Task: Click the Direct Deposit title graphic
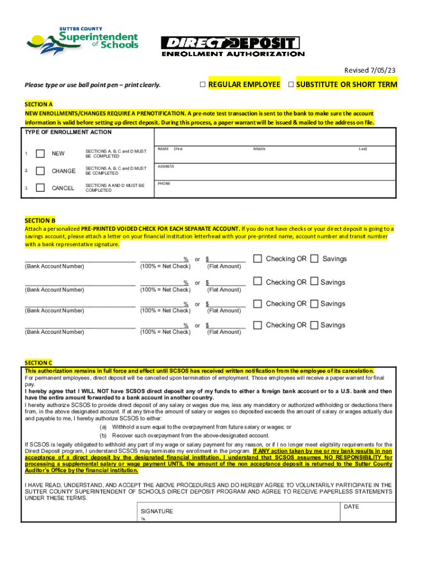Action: click(x=232, y=46)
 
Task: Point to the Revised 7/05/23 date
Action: click(x=370, y=70)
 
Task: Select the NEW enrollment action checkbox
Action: click(x=40, y=154)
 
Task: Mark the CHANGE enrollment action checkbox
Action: click(x=40, y=171)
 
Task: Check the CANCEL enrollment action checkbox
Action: click(x=40, y=188)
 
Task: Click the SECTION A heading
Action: click(x=39, y=104)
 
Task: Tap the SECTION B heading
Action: click(x=39, y=220)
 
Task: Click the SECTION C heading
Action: click(x=39, y=362)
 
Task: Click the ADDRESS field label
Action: click(x=166, y=166)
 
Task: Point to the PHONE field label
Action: click(x=164, y=183)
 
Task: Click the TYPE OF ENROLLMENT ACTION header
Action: click(x=69, y=132)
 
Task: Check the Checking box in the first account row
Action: click(x=257, y=259)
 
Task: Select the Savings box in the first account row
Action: click(x=314, y=259)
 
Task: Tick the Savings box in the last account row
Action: click(x=314, y=325)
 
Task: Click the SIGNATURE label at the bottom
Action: click(x=157, y=511)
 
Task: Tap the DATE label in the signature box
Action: click(x=351, y=506)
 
